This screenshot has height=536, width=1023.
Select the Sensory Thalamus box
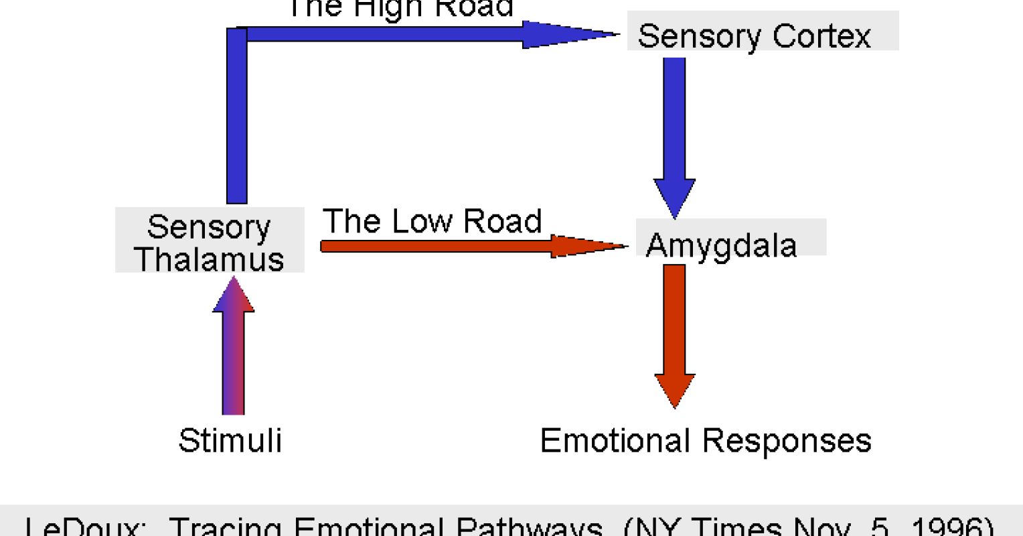(x=210, y=241)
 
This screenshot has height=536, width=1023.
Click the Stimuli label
(x=230, y=441)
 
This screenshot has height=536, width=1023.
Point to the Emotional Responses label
(x=706, y=441)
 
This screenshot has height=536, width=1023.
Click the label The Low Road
(x=432, y=221)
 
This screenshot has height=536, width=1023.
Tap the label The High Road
(x=400, y=8)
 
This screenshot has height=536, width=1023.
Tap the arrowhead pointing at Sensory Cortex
(x=569, y=34)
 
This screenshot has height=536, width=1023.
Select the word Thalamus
(x=210, y=259)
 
